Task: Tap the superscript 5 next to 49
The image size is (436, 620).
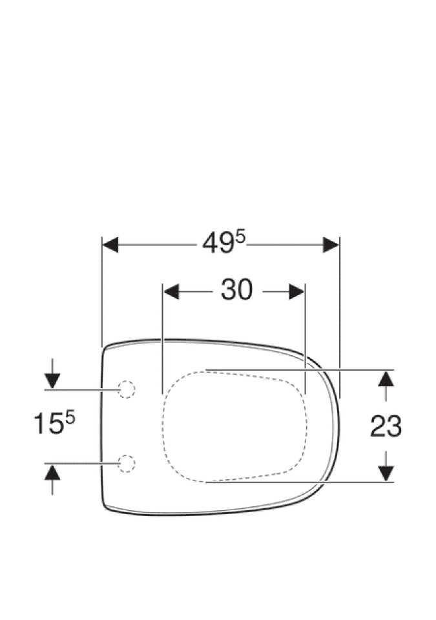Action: point(242,238)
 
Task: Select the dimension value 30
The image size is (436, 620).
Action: point(236,289)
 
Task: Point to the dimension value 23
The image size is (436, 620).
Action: point(386,426)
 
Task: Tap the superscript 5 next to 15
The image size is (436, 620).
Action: point(70,417)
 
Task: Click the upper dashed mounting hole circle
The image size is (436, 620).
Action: point(127,389)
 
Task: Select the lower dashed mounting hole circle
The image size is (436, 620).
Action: point(127,464)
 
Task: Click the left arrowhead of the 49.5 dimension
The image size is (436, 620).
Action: point(110,245)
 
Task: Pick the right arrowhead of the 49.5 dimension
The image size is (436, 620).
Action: point(331,245)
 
